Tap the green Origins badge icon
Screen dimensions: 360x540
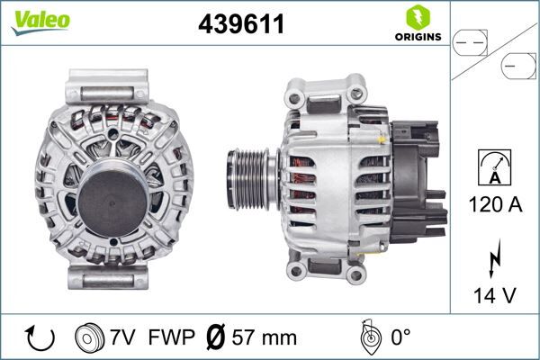pos(417,17)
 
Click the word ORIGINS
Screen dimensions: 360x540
pos(417,38)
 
